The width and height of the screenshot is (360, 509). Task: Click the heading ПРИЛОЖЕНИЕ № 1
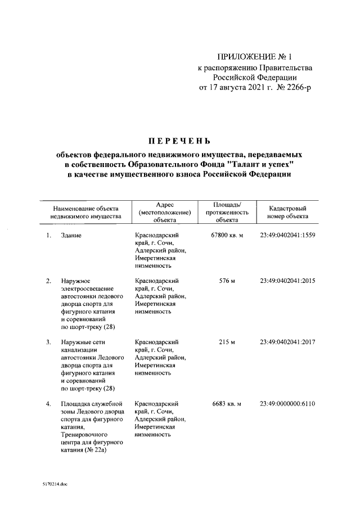point(255,57)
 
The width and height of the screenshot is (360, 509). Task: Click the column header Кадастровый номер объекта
point(287,211)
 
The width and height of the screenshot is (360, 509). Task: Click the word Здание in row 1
point(72,235)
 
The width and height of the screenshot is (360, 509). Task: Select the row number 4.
point(49,403)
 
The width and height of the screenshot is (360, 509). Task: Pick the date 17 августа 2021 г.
point(235,88)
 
